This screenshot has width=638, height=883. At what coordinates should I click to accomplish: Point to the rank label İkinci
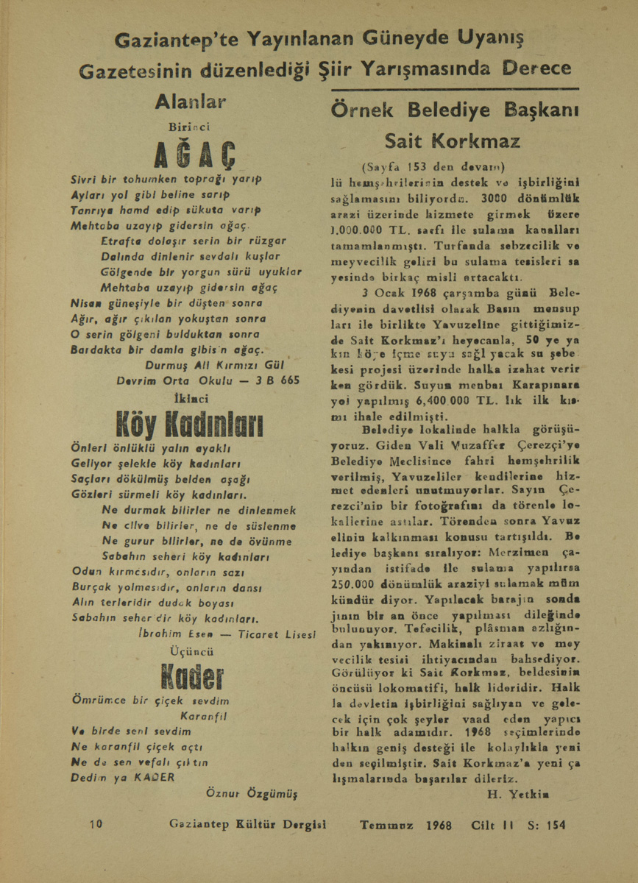[190, 398]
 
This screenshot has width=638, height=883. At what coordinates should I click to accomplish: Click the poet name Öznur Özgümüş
[252, 793]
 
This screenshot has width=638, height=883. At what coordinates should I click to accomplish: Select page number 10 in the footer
[96, 825]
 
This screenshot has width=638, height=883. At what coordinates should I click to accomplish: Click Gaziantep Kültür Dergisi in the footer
[247, 825]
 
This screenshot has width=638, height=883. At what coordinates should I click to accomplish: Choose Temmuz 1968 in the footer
[405, 825]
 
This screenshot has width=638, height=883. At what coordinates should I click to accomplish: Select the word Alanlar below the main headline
[191, 102]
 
